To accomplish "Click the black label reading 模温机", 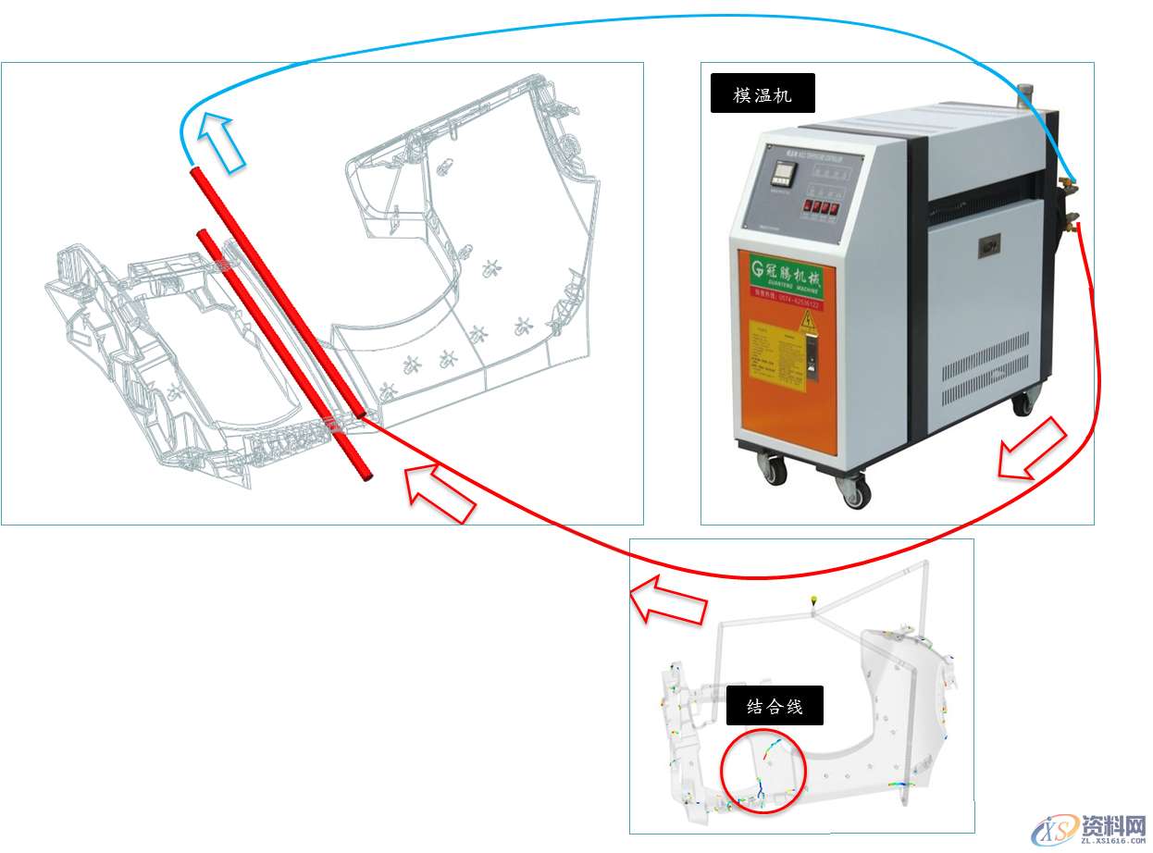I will coord(762,93).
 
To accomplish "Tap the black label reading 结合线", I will coord(775,708).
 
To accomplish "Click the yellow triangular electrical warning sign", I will coord(806,322).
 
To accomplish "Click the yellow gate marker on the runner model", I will coord(813,600).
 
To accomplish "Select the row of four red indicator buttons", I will coord(820,207).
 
